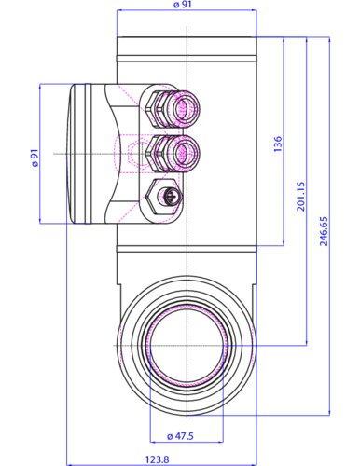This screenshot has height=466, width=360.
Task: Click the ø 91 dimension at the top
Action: (183, 5)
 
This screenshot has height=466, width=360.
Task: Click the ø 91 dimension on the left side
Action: (35, 158)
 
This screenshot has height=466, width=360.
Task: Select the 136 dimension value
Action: (278, 144)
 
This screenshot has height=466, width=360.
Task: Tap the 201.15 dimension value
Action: (301, 197)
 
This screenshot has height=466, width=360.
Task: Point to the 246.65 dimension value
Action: (324, 231)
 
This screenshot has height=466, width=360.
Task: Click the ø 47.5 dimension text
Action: (180, 436)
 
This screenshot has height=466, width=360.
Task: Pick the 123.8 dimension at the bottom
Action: (157, 459)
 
